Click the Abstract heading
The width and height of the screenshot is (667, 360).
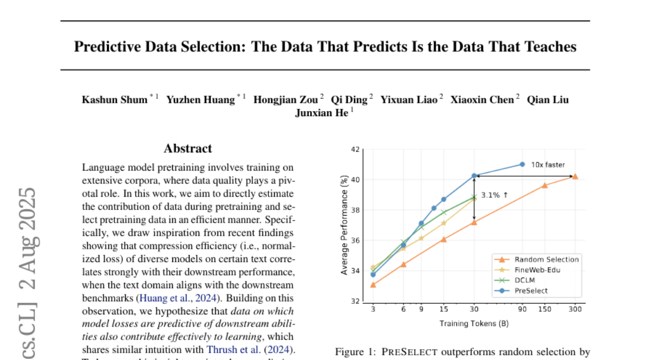click(x=188, y=148)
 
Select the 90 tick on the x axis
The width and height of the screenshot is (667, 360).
click(x=522, y=309)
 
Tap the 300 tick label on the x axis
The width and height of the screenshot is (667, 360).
click(x=575, y=309)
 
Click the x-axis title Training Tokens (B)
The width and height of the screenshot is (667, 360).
click(x=474, y=323)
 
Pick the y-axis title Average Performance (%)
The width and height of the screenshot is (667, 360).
click(x=345, y=225)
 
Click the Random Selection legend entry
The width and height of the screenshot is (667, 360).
click(x=546, y=259)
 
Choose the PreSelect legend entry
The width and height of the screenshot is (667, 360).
click(x=531, y=291)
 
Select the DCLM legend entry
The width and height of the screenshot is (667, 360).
click(x=525, y=280)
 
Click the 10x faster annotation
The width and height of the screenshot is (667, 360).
click(x=548, y=164)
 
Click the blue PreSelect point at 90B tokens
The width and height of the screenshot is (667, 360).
click(x=522, y=164)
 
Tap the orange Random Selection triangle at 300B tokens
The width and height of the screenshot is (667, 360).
click(x=575, y=177)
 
